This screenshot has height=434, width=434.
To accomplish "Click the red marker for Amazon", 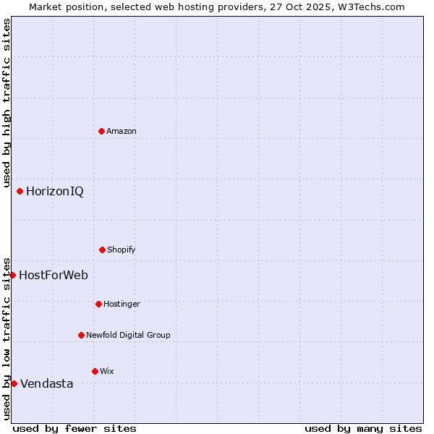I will [x=101, y=131].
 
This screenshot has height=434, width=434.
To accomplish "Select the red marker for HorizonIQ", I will [x=20, y=191].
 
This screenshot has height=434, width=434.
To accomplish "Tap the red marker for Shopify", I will [x=102, y=250].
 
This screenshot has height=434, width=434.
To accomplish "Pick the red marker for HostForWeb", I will [x=12, y=275].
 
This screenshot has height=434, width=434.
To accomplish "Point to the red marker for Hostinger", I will [x=98, y=304].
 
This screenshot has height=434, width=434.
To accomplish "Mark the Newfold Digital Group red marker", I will [x=81, y=335].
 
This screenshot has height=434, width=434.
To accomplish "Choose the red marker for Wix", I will [x=95, y=371].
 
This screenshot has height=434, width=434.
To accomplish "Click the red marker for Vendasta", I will [x=14, y=383].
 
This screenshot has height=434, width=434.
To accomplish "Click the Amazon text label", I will [x=122, y=131].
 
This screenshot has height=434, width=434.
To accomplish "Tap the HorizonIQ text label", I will [x=55, y=192].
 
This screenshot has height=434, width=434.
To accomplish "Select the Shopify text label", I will [x=122, y=250].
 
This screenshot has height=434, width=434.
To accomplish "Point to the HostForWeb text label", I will [x=54, y=276].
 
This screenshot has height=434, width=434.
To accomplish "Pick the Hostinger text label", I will [x=122, y=304].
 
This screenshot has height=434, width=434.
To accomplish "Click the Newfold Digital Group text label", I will [x=128, y=335].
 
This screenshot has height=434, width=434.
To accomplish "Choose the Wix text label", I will [x=107, y=371].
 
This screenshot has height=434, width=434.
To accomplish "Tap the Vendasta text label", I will [x=47, y=384].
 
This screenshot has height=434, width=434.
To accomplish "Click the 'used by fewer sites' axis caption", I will [x=75, y=428].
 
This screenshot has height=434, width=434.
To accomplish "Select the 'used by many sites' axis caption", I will [x=363, y=428].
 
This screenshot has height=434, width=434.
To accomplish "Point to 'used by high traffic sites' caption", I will [x=7, y=103].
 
